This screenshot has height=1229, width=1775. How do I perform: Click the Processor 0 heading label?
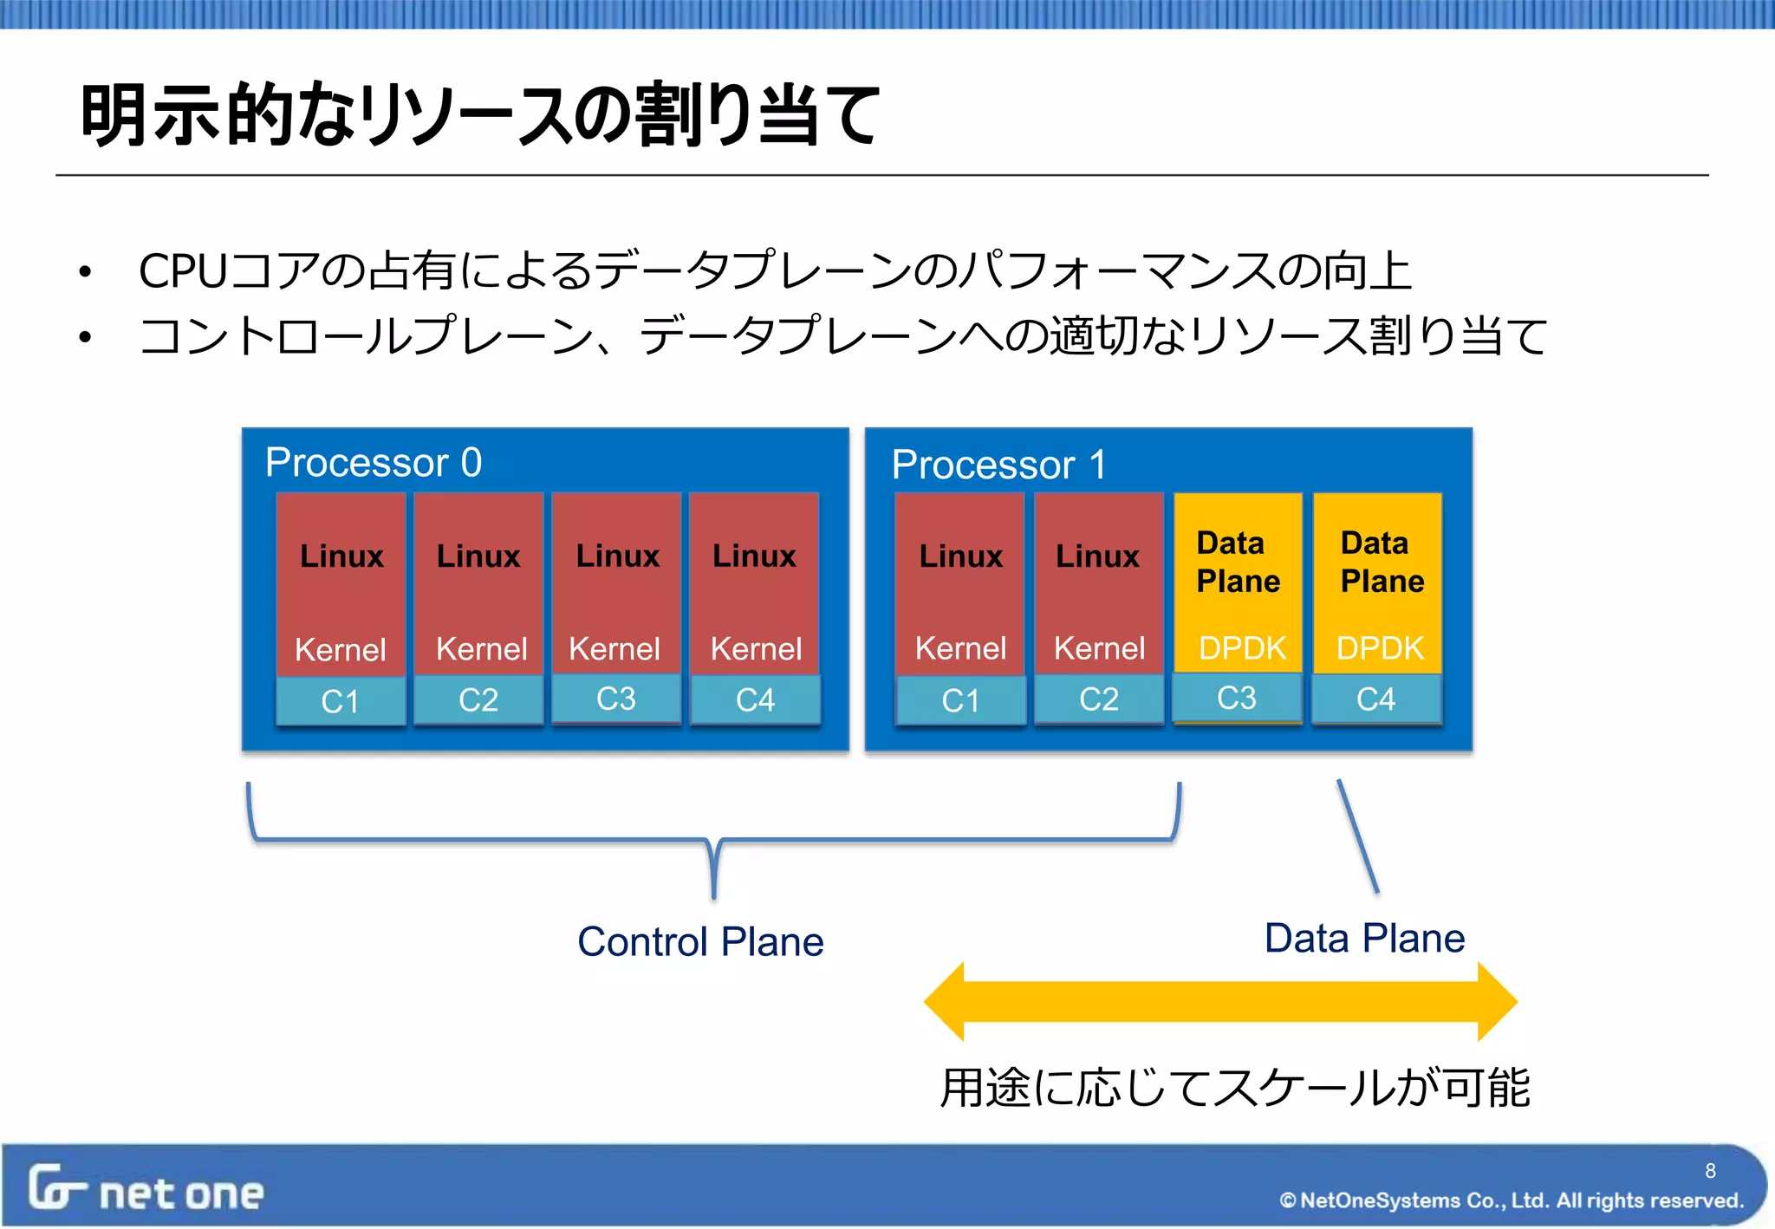click(373, 462)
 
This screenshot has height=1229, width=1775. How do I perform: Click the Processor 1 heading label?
click(998, 465)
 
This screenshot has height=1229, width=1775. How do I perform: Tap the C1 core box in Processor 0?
click(340, 701)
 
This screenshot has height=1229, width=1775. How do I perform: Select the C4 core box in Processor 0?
click(755, 699)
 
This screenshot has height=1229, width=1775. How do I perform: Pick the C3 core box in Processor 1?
click(1237, 698)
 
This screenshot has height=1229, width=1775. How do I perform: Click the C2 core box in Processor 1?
click(1099, 699)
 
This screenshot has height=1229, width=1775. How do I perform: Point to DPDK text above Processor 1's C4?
click(1380, 648)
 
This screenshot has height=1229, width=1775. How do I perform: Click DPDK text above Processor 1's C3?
click(1242, 648)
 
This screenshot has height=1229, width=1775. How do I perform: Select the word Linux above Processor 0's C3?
click(617, 556)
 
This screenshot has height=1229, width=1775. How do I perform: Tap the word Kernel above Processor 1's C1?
click(960, 648)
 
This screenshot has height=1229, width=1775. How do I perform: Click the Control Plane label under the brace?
click(700, 942)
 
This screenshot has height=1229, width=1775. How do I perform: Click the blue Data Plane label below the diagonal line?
click(1364, 939)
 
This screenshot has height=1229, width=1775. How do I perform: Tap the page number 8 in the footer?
click(1710, 1171)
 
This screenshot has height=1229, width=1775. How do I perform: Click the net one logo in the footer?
click(146, 1190)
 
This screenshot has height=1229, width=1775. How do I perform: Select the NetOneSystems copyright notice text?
click(1512, 1200)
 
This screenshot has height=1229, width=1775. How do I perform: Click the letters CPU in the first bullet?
click(182, 271)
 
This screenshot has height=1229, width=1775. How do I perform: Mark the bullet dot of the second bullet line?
click(84, 337)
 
